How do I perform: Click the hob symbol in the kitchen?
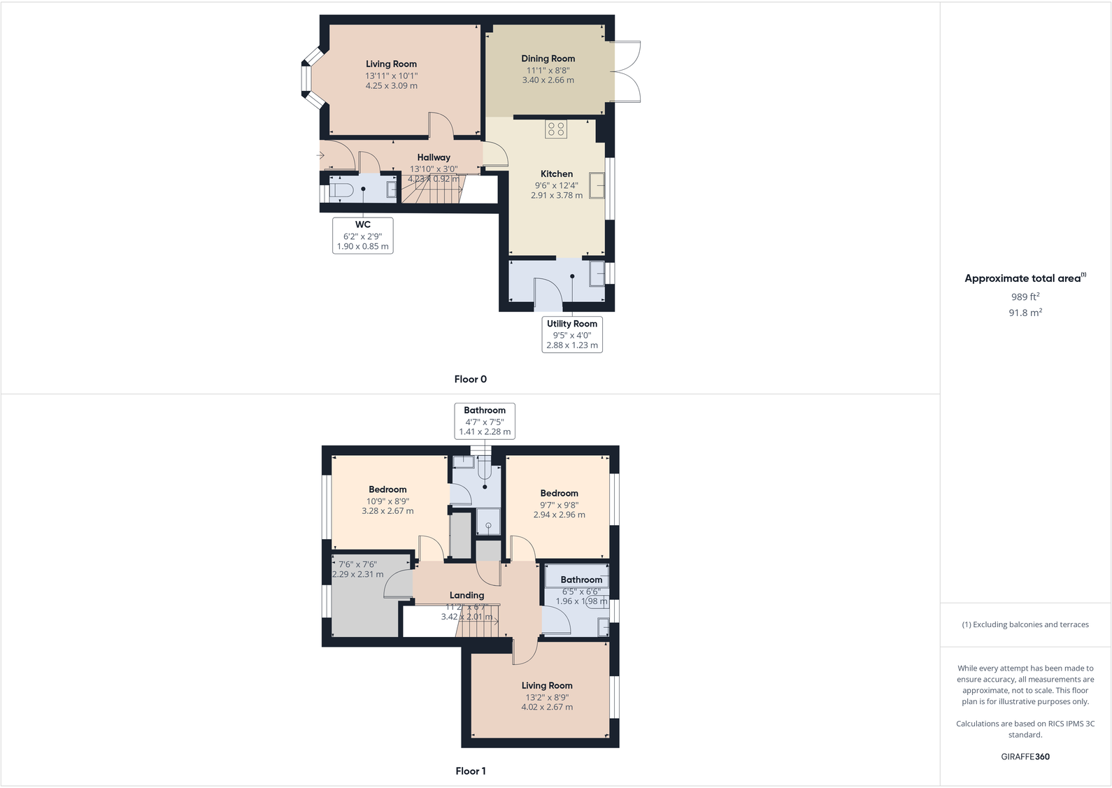(556, 129)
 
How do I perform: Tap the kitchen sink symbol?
(597, 185)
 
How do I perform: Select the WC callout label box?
(362, 235)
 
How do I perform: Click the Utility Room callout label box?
(571, 334)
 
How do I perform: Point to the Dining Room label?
(548, 59)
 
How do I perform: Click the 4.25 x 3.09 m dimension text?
(391, 86)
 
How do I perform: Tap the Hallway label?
(434, 157)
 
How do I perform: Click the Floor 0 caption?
(470, 379)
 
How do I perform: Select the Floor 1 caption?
(470, 771)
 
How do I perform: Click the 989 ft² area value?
(1025, 296)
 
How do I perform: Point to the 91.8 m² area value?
(1025, 313)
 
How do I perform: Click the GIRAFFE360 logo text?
(1025, 757)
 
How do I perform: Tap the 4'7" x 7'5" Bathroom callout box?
(485, 421)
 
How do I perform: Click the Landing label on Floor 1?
(466, 595)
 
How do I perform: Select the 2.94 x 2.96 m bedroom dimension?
(559, 515)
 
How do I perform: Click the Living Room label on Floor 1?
(546, 685)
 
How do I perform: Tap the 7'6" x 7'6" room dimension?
(357, 564)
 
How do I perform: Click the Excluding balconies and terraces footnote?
(1025, 624)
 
